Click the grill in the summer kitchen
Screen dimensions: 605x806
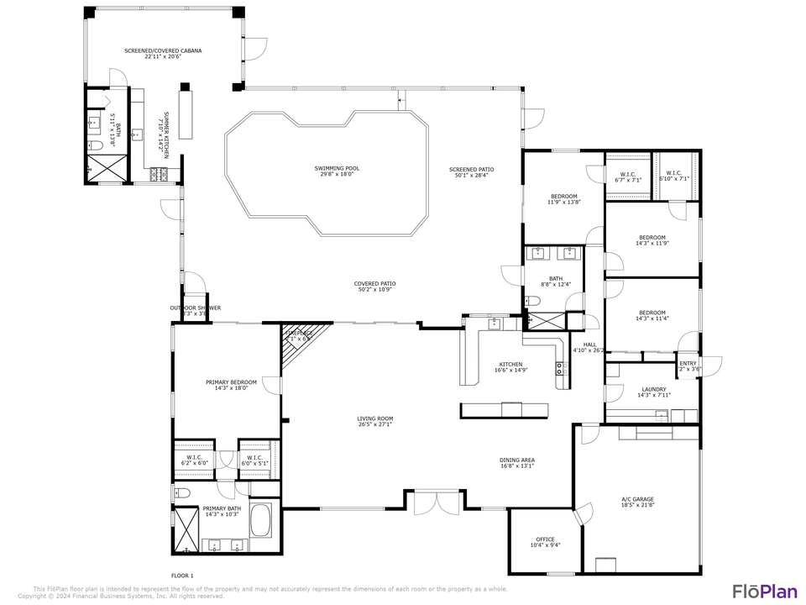(x=159, y=175)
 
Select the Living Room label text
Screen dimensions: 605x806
(x=374, y=421)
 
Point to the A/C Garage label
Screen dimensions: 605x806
(x=637, y=502)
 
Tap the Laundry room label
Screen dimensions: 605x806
(x=653, y=392)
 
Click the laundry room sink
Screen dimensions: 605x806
(x=662, y=414)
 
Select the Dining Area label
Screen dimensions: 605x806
(x=517, y=463)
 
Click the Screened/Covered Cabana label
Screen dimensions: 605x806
(x=163, y=54)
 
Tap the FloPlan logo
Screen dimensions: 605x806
(x=764, y=590)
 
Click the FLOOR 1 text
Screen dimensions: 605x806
(x=182, y=576)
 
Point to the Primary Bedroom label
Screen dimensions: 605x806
(x=227, y=385)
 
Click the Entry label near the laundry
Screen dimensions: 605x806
(x=688, y=366)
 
